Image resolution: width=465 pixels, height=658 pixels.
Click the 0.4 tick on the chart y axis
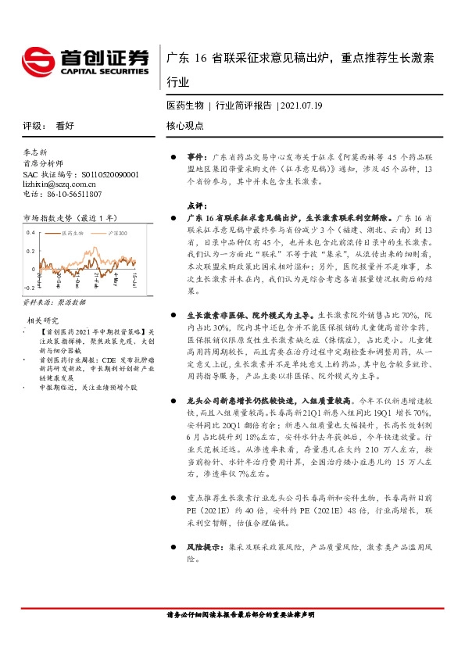click(x=30, y=233)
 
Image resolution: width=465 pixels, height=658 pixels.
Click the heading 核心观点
click(x=185, y=125)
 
